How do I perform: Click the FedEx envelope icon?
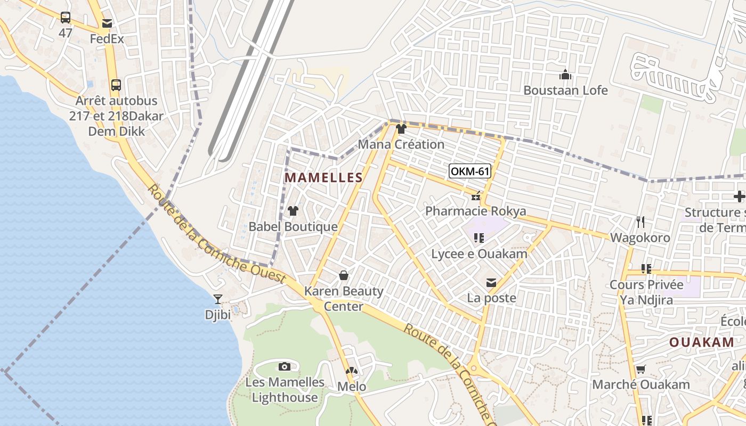click(107, 23)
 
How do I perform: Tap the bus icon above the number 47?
click(65, 18)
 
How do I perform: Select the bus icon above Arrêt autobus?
click(116, 85)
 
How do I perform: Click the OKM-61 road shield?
click(469, 171)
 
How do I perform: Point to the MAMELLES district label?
click(323, 178)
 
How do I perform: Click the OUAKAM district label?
click(702, 342)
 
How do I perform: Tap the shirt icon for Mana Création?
click(401, 129)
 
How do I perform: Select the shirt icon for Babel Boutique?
click(293, 211)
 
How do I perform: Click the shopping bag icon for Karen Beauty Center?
click(344, 275)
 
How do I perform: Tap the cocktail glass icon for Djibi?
click(217, 299)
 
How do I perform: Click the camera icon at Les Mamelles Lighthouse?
click(285, 366)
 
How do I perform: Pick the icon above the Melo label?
click(351, 371)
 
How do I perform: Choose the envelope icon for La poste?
click(491, 283)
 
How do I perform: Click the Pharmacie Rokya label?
click(475, 211)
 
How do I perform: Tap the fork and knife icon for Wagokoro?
click(640, 222)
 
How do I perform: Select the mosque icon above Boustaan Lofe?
click(565, 75)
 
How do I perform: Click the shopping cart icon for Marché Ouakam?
click(640, 369)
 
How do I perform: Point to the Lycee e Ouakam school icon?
click(479, 238)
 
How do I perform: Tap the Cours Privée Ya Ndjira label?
click(646, 292)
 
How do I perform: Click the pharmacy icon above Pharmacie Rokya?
click(475, 197)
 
